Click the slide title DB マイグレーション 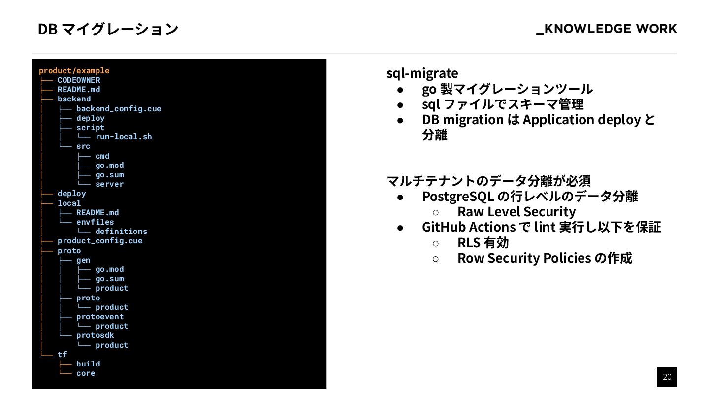click(108, 29)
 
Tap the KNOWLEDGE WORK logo click(606, 29)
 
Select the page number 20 click(667, 377)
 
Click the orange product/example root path click(74, 71)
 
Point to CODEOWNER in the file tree click(79, 80)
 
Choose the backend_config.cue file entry click(118, 109)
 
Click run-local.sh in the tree click(124, 137)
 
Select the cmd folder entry click(102, 156)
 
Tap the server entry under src click(109, 184)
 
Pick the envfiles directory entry click(95, 222)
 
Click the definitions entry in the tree click(121, 232)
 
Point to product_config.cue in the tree click(100, 241)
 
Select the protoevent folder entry click(100, 317)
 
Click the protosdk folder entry click(95, 335)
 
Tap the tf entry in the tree click(63, 355)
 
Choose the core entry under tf click(86, 373)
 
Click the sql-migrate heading click(422, 73)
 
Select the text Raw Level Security click(516, 212)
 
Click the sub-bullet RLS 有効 click(483, 243)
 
